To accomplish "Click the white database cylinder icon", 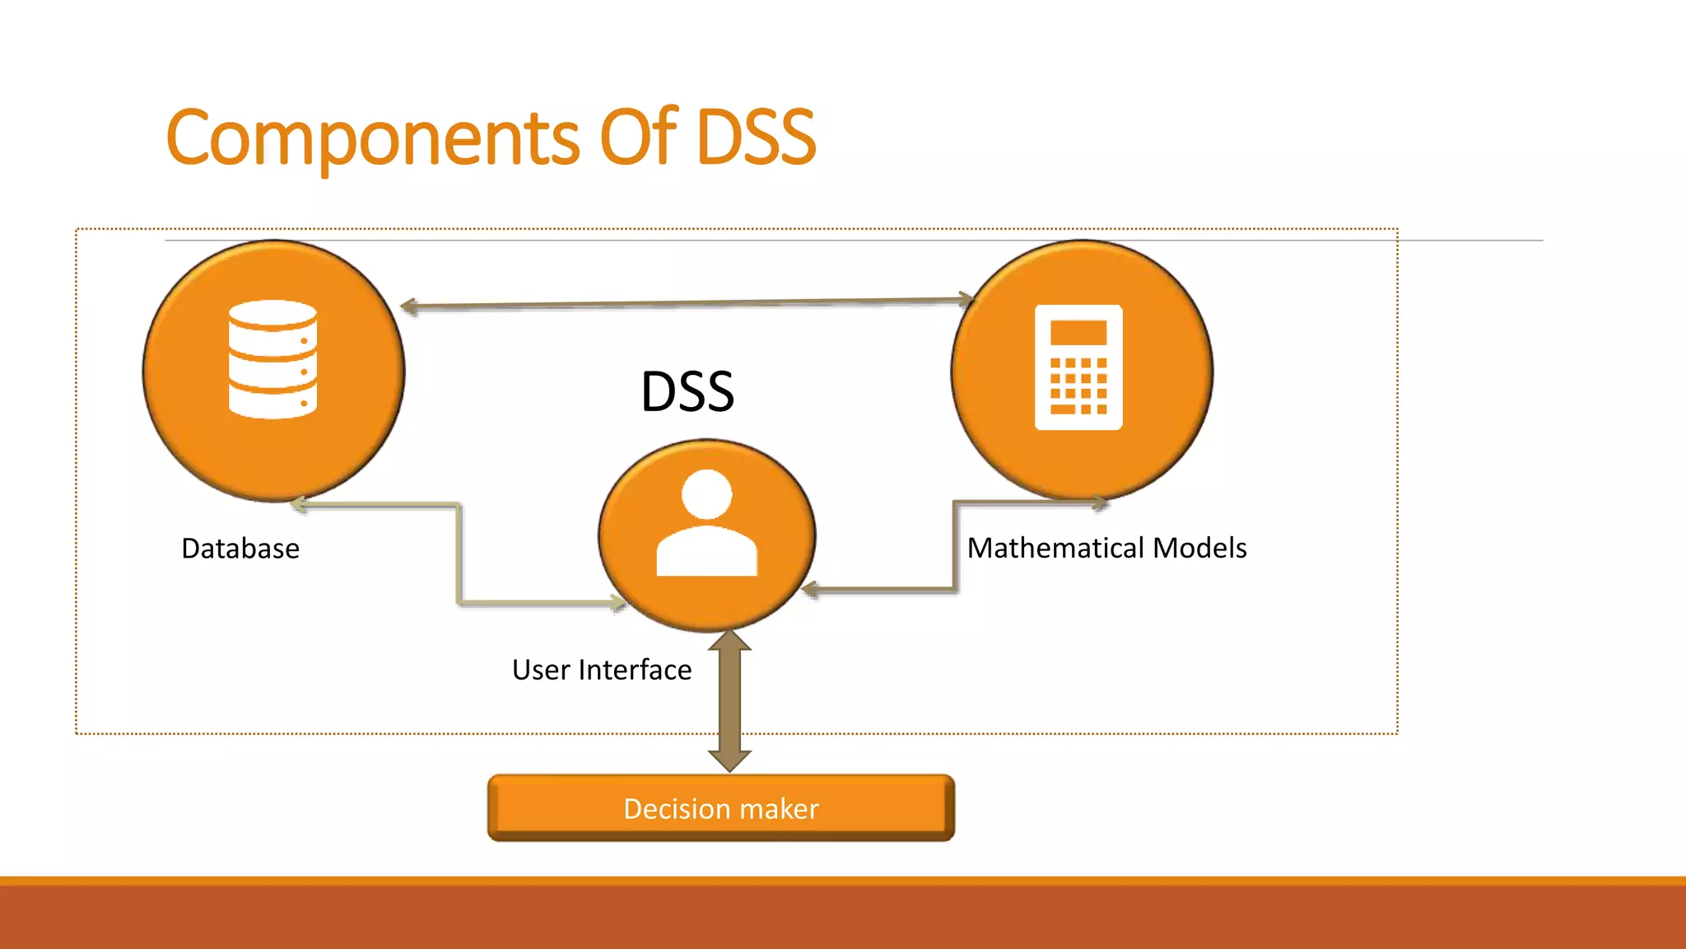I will click(272, 359).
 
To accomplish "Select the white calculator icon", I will click(1078, 367).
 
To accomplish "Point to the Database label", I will click(240, 549).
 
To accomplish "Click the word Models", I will click(1200, 548).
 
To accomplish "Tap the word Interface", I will click(635, 670).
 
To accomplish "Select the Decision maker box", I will click(720, 808).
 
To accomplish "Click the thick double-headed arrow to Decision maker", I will click(729, 700).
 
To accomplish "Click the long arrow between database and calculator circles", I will click(687, 303).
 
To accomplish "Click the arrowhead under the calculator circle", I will click(1100, 502).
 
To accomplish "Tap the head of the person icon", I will click(706, 494).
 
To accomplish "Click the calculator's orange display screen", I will click(1078, 333).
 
